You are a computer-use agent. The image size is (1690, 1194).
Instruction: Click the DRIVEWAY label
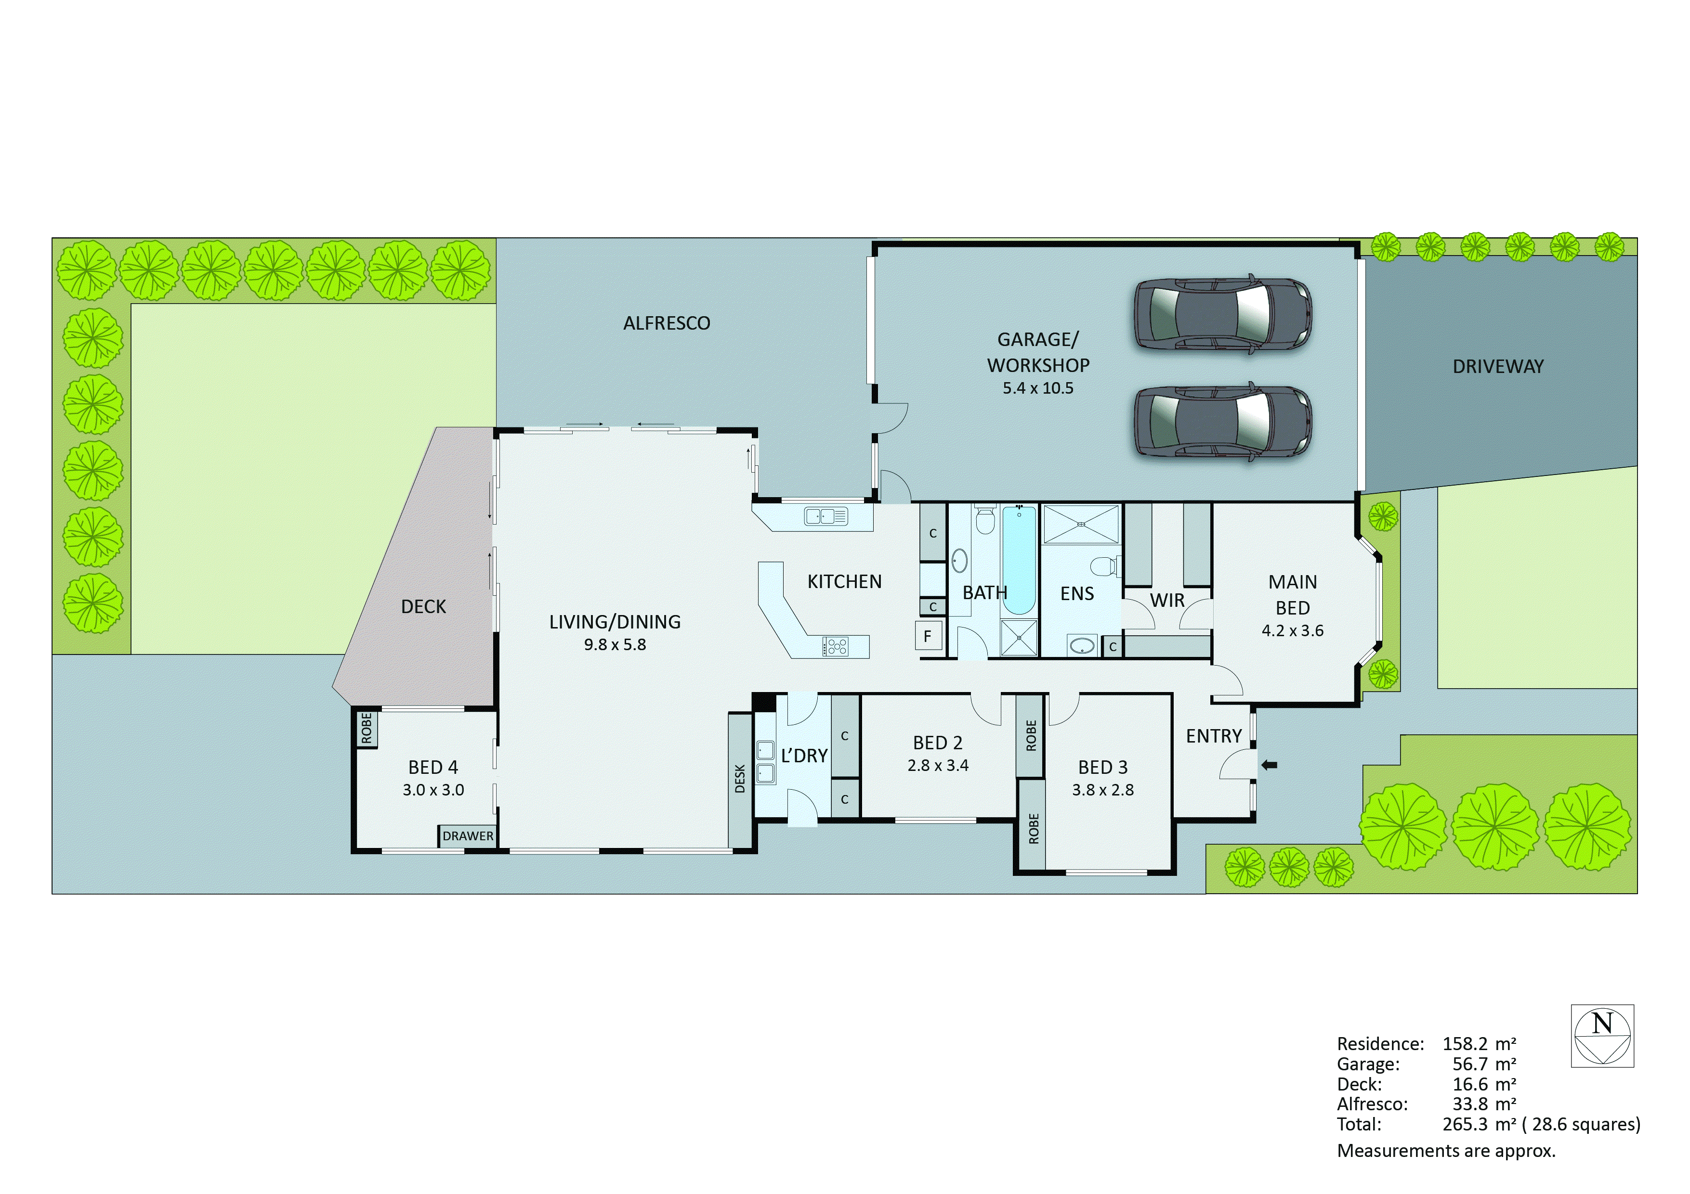1498,366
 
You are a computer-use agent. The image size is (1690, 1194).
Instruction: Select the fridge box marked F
928,636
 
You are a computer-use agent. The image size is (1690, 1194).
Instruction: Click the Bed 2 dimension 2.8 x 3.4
938,766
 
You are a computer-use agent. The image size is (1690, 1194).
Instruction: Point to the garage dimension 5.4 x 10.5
1038,388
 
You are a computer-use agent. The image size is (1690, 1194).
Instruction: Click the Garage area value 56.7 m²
1479,1064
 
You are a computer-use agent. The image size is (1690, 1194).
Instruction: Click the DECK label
423,607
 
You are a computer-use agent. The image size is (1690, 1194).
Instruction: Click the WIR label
1167,600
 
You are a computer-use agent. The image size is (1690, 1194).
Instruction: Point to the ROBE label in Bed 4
366,728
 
